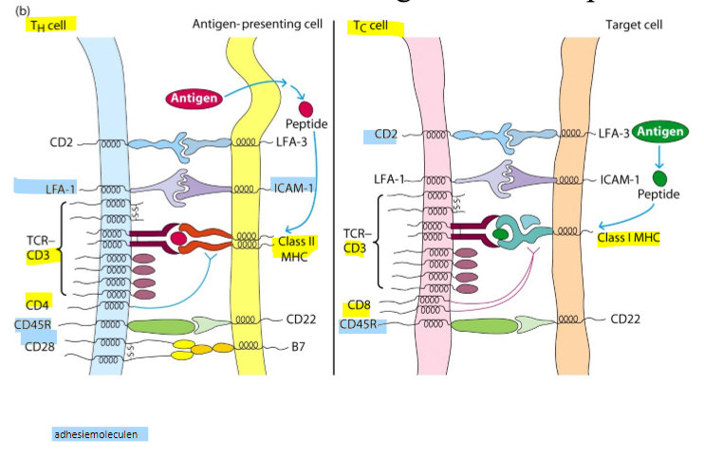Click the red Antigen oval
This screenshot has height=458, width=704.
(195, 97)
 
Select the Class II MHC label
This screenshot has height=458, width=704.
(296, 249)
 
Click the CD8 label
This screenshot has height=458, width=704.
(358, 305)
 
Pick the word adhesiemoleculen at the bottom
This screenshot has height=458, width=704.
(101, 434)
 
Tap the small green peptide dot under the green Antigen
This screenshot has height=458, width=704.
(659, 177)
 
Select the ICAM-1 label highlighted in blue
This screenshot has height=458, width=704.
(295, 186)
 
